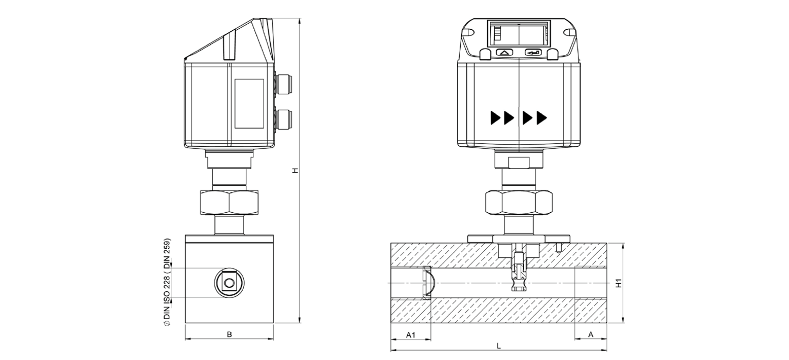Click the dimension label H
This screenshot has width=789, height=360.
click(294, 170)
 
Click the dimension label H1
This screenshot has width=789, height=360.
click(619, 283)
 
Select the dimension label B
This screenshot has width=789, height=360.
click(229, 334)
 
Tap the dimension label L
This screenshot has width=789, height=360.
click(498, 346)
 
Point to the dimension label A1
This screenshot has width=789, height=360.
click(410, 335)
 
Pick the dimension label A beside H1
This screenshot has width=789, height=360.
click(590, 335)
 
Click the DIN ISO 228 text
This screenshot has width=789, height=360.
click(167, 283)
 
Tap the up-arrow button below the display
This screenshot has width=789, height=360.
click(504, 52)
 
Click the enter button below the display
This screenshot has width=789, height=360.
click(534, 52)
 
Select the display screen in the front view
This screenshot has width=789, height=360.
click(519, 34)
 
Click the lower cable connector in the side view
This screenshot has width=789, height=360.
click(284, 118)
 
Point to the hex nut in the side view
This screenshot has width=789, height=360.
click(229, 203)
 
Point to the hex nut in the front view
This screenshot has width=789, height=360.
click(519, 203)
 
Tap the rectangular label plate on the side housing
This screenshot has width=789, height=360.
click(249, 104)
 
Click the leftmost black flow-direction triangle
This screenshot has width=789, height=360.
click(495, 118)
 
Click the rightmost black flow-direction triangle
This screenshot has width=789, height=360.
click(542, 118)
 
